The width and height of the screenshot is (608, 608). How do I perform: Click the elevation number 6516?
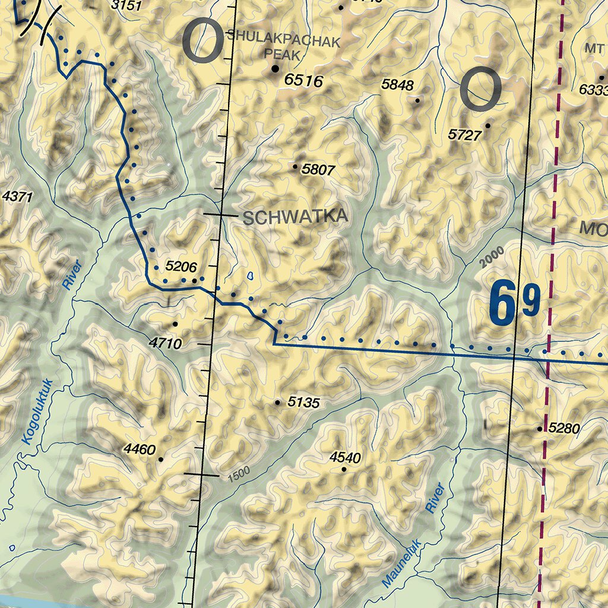coord(303,80)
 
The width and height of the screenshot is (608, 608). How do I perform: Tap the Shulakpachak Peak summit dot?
coord(275,69)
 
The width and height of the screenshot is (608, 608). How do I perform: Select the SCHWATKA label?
coord(295,217)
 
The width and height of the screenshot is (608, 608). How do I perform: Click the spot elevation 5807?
coord(318,170)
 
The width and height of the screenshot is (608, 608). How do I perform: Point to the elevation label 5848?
coord(397,85)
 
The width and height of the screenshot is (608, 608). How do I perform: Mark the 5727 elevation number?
coord(464,135)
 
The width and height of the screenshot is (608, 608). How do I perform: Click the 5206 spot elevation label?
coord(181,267)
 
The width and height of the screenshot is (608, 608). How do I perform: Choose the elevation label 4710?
coord(165,343)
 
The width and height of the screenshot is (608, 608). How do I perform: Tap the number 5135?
coord(303,403)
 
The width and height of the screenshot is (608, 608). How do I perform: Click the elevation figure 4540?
coord(345,457)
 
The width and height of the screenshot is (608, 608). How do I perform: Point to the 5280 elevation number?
coord(563,427)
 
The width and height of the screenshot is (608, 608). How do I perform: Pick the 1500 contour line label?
coord(237,473)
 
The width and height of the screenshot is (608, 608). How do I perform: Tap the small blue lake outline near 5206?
coord(250,276)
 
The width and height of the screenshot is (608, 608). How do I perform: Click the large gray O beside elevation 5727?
coord(482,89)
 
